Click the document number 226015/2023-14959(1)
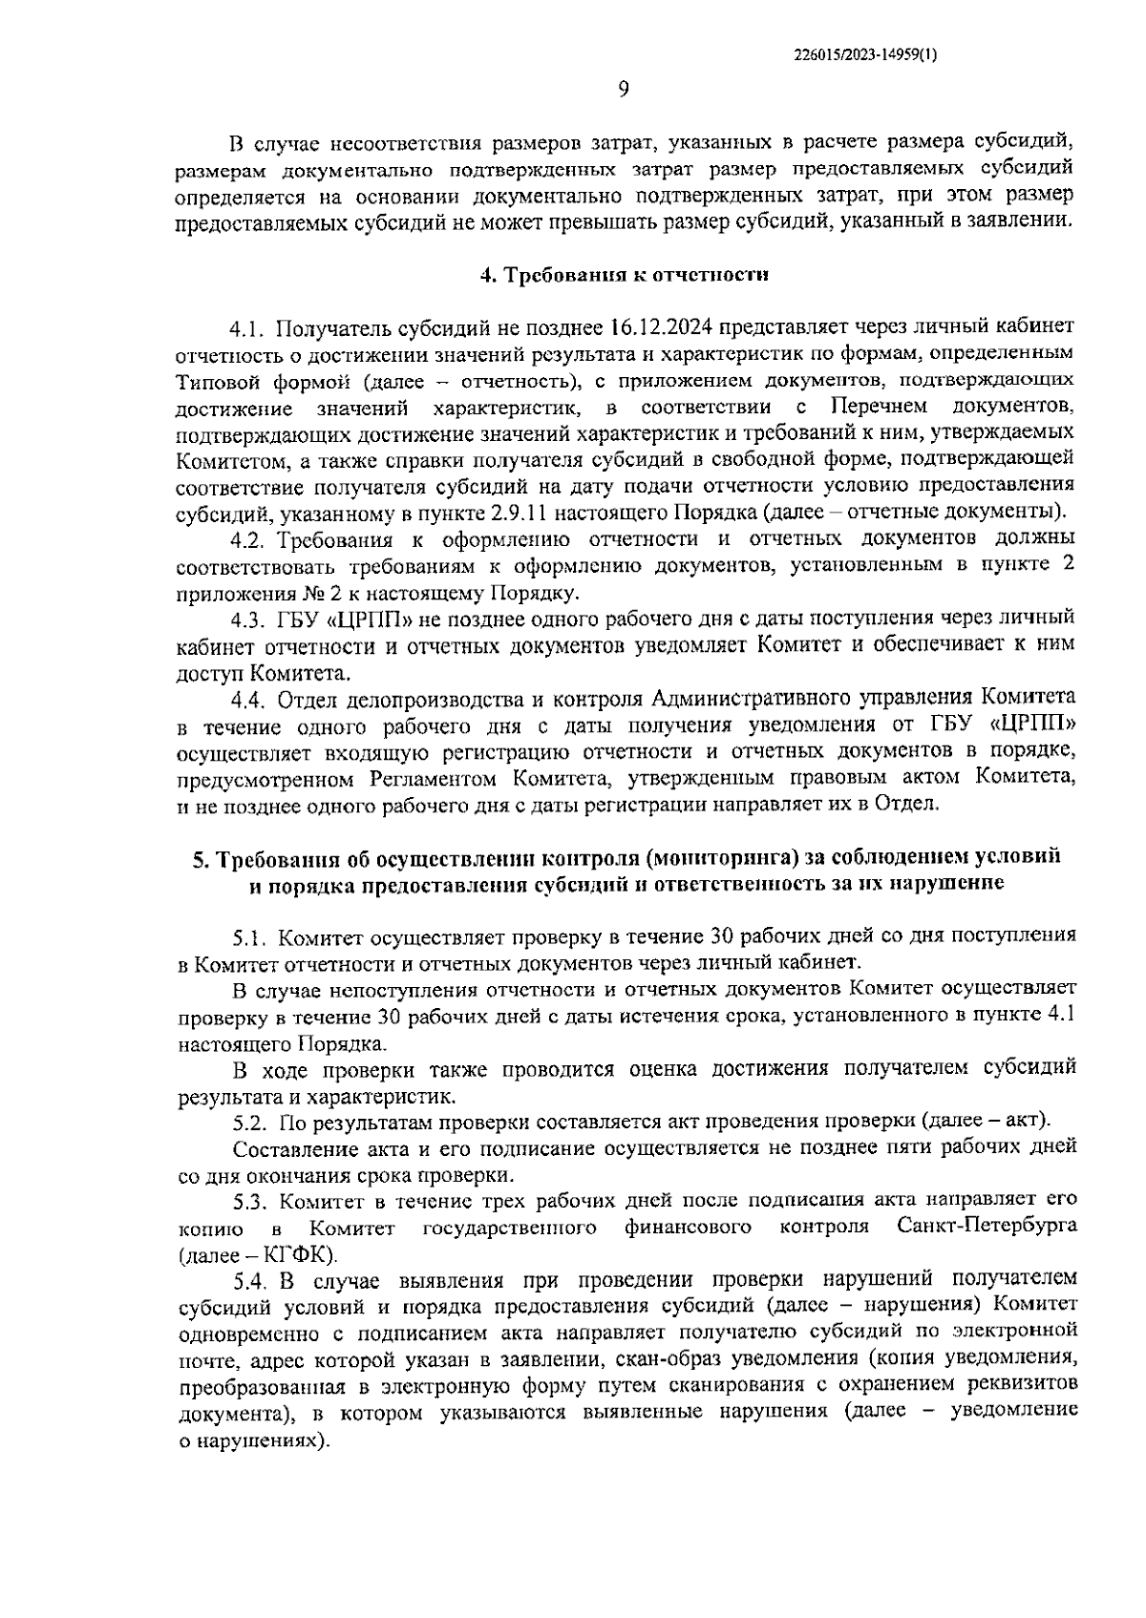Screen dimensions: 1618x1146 click(865, 55)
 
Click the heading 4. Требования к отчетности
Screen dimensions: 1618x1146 click(624, 276)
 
